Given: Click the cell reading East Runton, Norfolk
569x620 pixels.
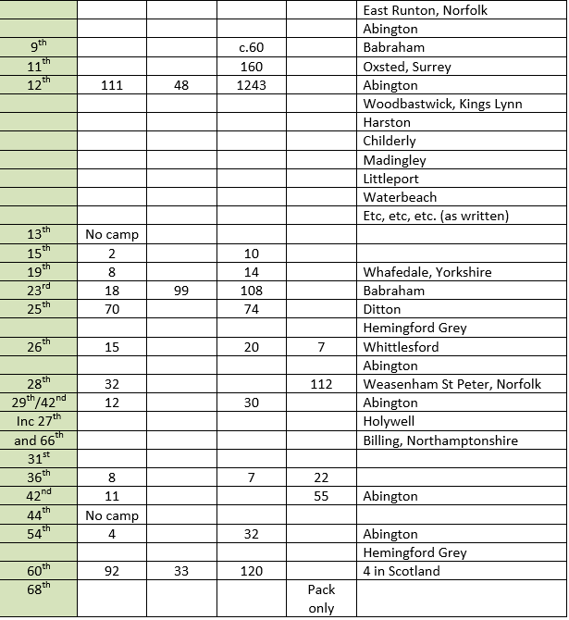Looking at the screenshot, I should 425,10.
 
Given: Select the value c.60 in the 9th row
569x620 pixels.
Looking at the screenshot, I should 251,48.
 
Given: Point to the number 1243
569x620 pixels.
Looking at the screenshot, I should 251,85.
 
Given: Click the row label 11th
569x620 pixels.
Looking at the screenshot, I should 39,67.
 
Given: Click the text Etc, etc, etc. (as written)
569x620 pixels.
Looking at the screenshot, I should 436,216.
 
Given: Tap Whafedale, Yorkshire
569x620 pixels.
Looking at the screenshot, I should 427,272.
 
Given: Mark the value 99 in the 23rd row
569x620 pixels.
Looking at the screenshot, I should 180,291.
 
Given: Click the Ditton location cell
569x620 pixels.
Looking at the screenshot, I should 381,309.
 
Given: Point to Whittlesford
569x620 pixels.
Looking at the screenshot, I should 401,347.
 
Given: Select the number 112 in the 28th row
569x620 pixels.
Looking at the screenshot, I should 321,384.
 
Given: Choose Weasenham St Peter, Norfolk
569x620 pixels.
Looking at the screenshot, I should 451,384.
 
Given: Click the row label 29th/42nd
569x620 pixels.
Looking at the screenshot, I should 39,403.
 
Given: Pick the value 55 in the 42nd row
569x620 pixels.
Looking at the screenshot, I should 321,496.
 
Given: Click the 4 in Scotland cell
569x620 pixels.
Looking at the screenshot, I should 402,571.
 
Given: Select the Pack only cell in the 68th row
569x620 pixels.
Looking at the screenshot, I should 321,599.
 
